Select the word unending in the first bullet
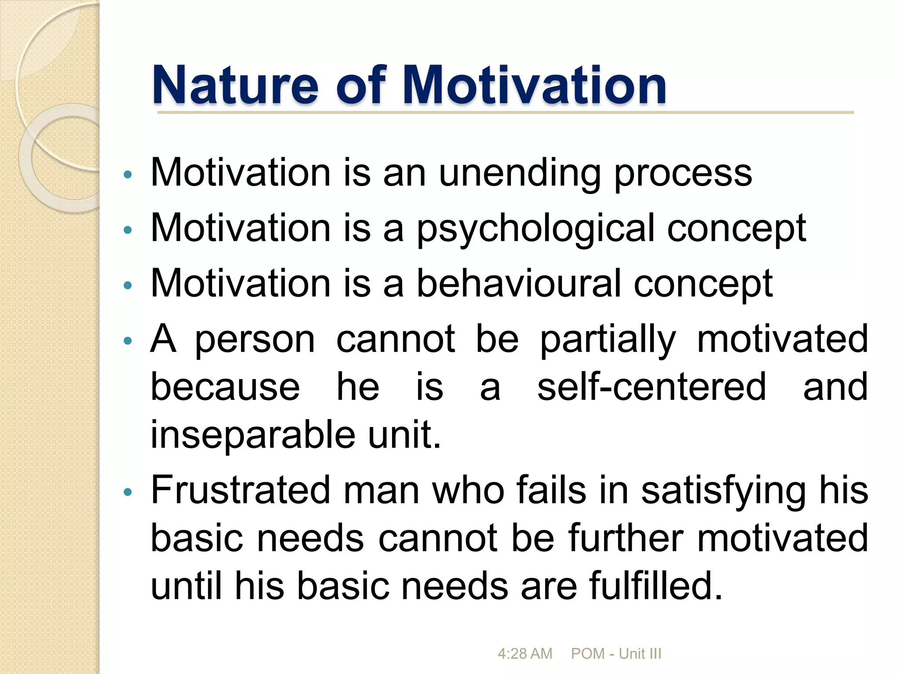[520, 173]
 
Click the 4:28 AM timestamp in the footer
[525, 653]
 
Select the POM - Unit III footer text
[616, 653]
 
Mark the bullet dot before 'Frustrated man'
[128, 492]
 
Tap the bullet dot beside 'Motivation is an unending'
[128, 175]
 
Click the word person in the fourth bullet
[255, 340]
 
